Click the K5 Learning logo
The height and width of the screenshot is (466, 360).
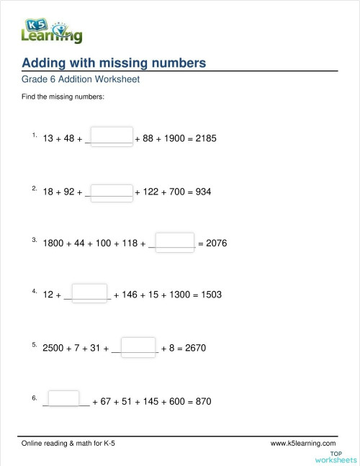tap(51, 27)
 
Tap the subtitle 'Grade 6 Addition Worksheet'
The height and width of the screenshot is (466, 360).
tap(81, 79)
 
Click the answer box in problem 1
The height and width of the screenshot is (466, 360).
tap(112, 137)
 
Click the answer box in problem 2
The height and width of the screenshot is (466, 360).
tap(112, 190)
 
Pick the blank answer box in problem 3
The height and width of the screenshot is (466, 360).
tap(175, 242)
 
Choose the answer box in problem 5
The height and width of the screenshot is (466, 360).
tap(138, 346)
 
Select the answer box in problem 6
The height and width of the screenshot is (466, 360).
tap(63, 399)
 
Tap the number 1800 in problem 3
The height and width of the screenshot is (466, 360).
tap(54, 244)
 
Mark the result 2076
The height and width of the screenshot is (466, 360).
tap(217, 244)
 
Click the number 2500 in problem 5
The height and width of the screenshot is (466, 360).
tap(54, 349)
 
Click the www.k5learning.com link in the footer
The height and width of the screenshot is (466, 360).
tap(303, 443)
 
